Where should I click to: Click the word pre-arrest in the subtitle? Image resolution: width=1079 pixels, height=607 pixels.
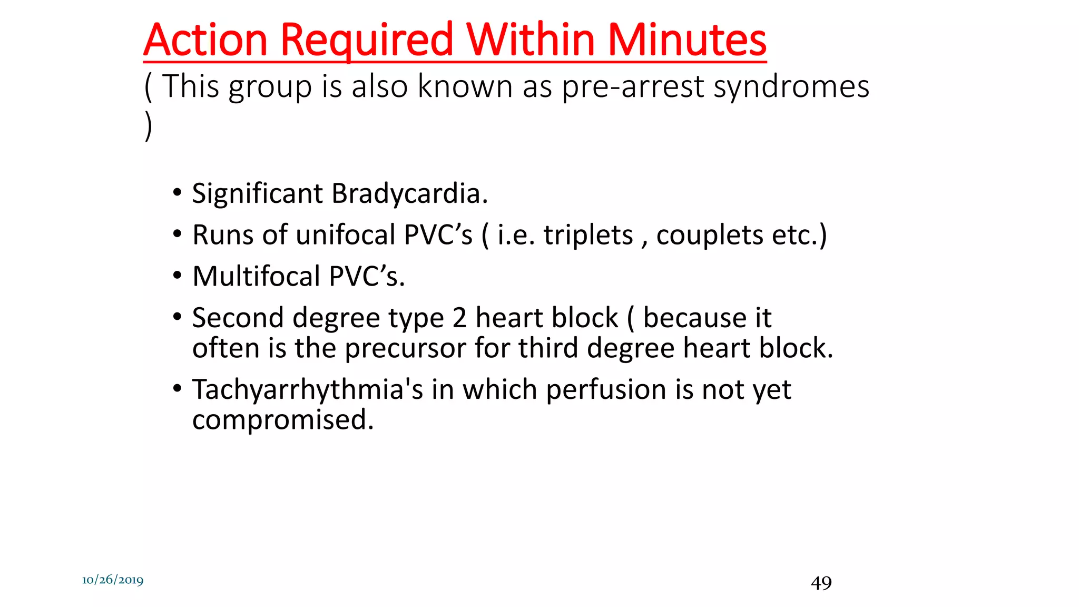click(632, 87)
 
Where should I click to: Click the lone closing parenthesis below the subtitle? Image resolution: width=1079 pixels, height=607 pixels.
click(149, 126)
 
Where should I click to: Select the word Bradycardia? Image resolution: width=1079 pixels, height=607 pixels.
click(409, 193)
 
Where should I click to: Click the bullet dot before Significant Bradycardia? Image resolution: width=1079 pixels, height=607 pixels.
click(178, 192)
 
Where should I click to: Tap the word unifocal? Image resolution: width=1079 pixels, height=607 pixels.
click(345, 235)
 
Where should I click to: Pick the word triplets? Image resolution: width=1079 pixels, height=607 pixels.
click(588, 235)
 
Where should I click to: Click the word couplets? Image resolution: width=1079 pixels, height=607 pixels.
click(709, 235)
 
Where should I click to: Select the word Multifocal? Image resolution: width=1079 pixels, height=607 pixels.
click(256, 277)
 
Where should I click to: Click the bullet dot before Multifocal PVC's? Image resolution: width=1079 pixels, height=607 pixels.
click(178, 276)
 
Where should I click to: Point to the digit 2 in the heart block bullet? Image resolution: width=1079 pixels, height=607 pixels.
click(459, 318)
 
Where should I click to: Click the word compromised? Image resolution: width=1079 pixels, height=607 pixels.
click(282, 420)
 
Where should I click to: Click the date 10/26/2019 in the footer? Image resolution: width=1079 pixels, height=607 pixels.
click(113, 580)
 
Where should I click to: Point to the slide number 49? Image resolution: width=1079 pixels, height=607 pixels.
click(821, 583)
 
